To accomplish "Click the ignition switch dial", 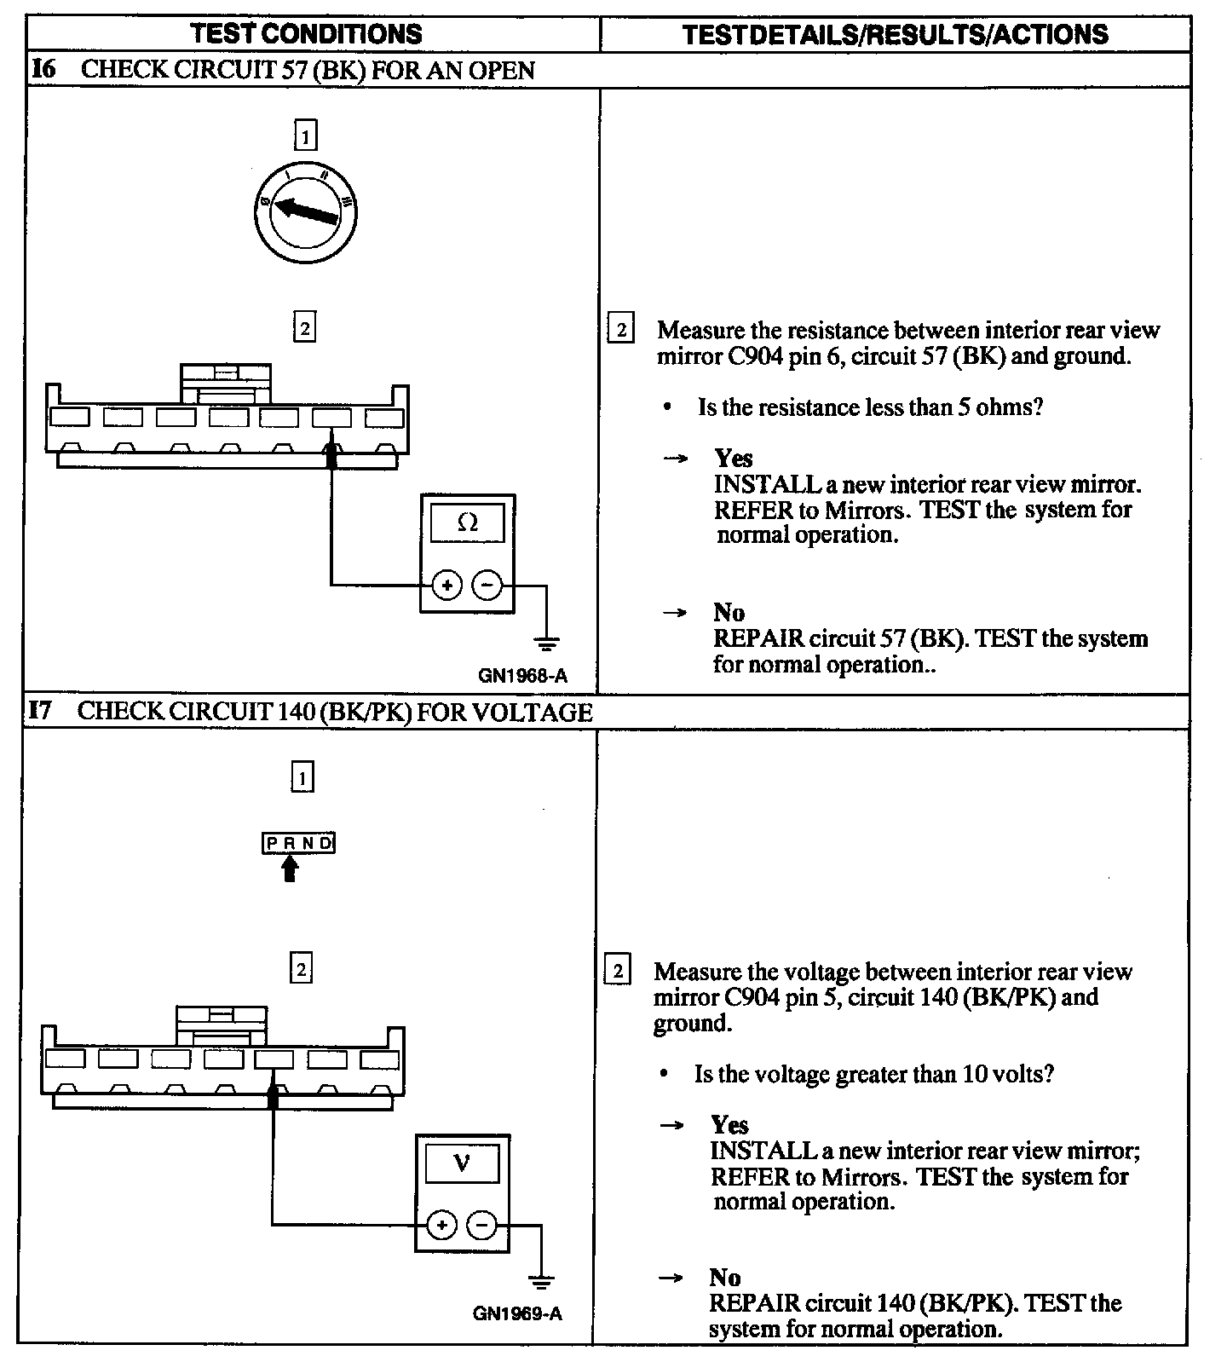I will (x=305, y=212).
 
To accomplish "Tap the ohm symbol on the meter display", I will (x=467, y=522).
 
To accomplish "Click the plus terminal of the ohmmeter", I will (x=447, y=586).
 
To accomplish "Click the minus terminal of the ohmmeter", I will (x=487, y=586).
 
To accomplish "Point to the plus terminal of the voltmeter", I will (x=441, y=1226).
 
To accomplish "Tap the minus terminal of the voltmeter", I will (x=481, y=1226).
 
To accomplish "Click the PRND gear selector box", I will (x=298, y=843).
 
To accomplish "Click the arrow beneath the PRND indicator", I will (x=290, y=869).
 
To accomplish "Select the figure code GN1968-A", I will (x=522, y=676).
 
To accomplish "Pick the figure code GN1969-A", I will (x=517, y=1313).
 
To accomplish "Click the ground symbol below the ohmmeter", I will (x=546, y=642).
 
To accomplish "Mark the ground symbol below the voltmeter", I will (x=540, y=1281).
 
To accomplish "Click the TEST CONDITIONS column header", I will (x=306, y=34).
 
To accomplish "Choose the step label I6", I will (x=43, y=69).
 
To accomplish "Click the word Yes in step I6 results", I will (x=733, y=459).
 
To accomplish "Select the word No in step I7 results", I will (x=724, y=1277).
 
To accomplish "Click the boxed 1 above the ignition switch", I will (x=304, y=136).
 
